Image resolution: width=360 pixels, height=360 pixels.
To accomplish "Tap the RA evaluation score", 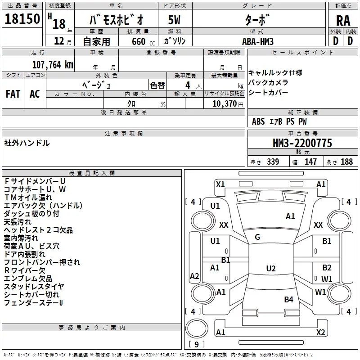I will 343,20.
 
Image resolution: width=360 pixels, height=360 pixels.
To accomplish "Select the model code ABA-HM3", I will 258,41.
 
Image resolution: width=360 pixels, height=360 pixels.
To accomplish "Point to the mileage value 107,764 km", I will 52,65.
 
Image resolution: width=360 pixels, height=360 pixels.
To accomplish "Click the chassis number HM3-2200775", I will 302,144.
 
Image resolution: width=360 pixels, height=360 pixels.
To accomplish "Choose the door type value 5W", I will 175,20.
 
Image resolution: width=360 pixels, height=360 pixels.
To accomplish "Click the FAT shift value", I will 13,94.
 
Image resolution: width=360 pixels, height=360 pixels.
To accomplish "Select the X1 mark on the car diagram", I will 220,184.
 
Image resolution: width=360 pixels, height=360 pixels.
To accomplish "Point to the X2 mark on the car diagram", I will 320,332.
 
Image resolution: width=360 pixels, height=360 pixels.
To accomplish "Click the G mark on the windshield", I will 257,237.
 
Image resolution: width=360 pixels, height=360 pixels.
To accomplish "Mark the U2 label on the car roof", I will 270,269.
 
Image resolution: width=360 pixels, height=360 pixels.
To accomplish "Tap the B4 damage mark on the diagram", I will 288,299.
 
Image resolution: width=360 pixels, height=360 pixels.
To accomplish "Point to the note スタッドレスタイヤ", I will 34,286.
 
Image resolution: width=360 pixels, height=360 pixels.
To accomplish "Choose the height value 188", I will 346,162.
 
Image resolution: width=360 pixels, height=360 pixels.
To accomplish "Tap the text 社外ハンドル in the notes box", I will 27,143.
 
